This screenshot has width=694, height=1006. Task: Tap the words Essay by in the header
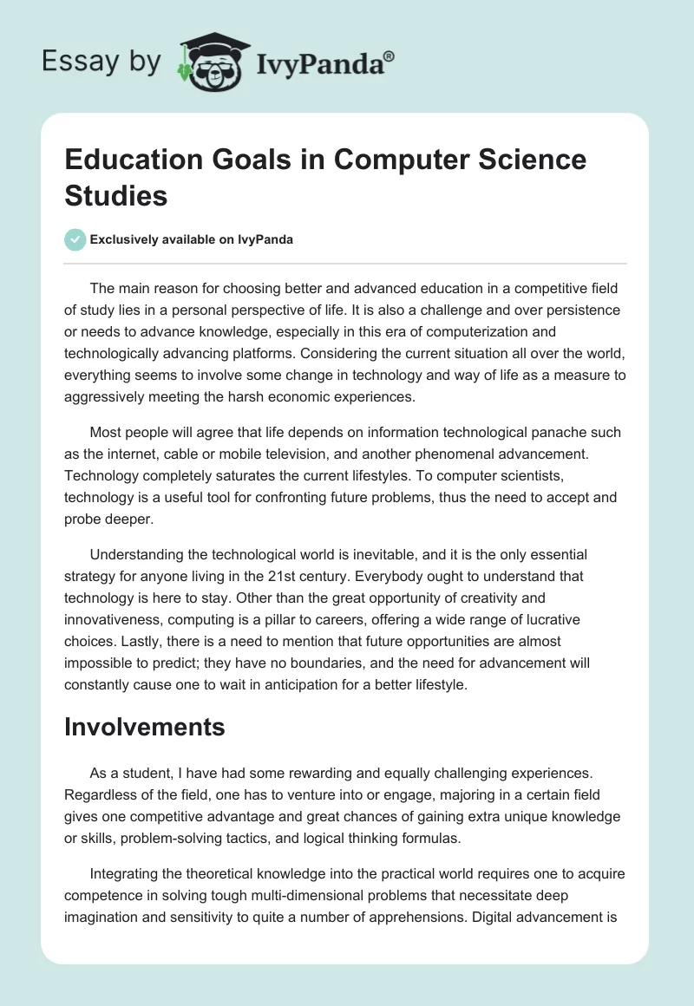(x=102, y=61)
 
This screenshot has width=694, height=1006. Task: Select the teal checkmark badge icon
(x=75, y=240)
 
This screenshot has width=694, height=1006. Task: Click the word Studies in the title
(x=116, y=195)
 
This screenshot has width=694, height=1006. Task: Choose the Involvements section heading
(x=145, y=728)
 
